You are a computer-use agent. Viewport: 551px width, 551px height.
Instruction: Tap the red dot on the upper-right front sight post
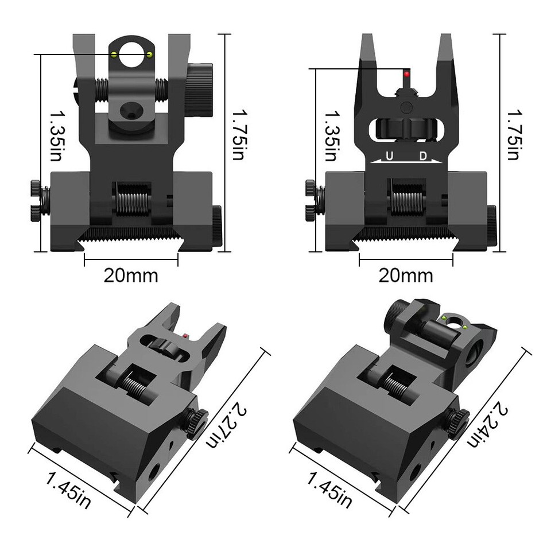click(x=407, y=74)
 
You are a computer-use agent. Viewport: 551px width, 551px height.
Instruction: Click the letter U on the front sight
click(x=390, y=156)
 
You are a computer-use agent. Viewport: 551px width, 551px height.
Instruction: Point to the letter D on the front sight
click(x=422, y=156)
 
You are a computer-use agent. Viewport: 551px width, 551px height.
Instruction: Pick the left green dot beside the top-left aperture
click(x=114, y=55)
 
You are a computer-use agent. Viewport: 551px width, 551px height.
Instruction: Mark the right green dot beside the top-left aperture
click(x=150, y=55)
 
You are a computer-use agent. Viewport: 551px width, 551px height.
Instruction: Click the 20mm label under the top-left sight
click(x=131, y=275)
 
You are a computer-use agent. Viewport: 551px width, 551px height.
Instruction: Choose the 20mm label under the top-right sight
click(x=406, y=275)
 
